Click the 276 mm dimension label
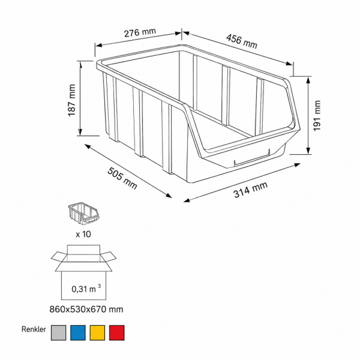pos(140,32)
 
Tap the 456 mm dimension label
pos(242,41)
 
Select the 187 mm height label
pos(72,100)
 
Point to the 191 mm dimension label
pos(317,116)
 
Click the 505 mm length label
pos(122,178)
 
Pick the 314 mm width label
pos(250,190)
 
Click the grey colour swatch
pos(58,332)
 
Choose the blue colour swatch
pos(78,332)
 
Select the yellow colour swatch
pos(97,332)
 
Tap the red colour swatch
pos(117,332)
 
